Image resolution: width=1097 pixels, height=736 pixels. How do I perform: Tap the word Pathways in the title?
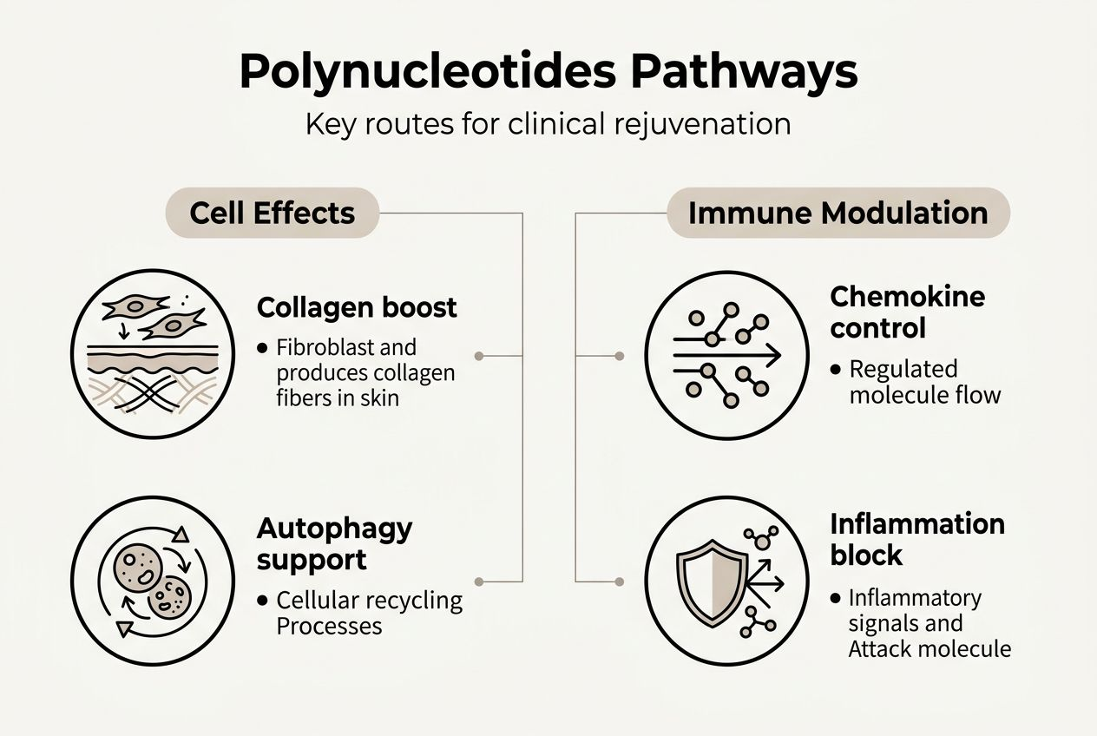[x=743, y=72]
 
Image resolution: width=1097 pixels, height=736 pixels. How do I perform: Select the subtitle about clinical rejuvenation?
[x=548, y=123]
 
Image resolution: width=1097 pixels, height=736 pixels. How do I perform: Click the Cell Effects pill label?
[x=273, y=213]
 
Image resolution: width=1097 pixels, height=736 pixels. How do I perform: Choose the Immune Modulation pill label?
[x=838, y=213]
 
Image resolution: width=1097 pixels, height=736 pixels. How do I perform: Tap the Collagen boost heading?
[x=357, y=307]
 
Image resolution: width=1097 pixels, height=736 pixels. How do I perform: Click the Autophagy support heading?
[x=334, y=543]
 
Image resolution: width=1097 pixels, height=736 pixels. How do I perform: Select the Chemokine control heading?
[x=907, y=312]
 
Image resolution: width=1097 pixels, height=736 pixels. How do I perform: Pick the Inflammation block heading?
[x=917, y=539]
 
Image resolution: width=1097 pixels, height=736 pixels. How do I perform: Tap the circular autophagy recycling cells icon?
[x=153, y=580]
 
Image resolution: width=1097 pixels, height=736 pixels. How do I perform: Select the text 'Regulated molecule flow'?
[x=924, y=382]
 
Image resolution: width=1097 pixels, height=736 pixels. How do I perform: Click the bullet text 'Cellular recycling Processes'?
[x=369, y=613]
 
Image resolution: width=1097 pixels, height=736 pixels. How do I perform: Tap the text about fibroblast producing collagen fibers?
[x=365, y=373]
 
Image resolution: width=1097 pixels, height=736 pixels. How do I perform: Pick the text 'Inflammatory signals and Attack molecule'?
[x=929, y=623]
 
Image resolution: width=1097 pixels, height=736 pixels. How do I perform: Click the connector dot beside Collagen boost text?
[x=479, y=356]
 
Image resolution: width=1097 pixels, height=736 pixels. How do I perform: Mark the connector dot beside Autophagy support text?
[x=479, y=581]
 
